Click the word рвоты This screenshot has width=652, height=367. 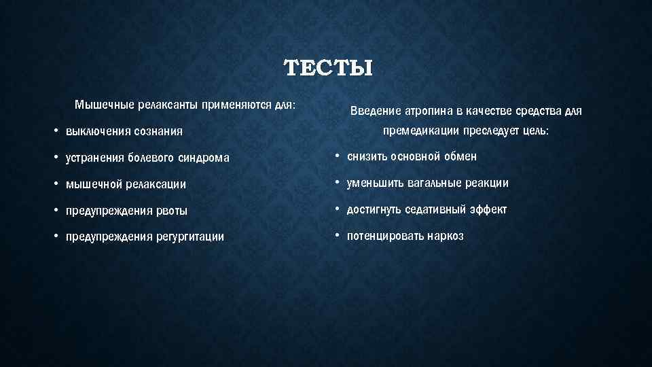[x=170, y=211]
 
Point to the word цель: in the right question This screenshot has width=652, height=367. [x=535, y=130]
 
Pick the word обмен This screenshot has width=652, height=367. [x=461, y=156]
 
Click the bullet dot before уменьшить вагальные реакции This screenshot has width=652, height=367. [x=337, y=183]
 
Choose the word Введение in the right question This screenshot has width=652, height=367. [x=375, y=111]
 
